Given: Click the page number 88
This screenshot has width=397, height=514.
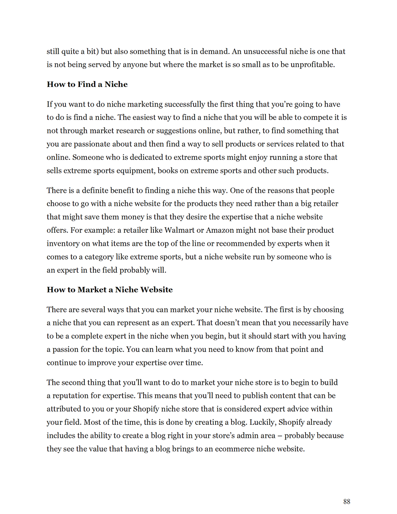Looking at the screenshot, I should click(x=347, y=502).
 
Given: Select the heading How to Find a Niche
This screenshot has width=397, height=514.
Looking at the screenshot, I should click(x=87, y=84).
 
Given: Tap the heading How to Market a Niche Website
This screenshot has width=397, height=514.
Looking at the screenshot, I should click(x=110, y=289).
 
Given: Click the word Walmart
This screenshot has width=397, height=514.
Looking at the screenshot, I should click(x=180, y=230).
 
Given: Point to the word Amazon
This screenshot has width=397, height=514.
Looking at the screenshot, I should click(x=220, y=230).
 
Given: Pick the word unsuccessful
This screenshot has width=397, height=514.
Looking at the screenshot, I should click(x=265, y=51).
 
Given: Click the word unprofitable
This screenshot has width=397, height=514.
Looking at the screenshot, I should click(x=312, y=64).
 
